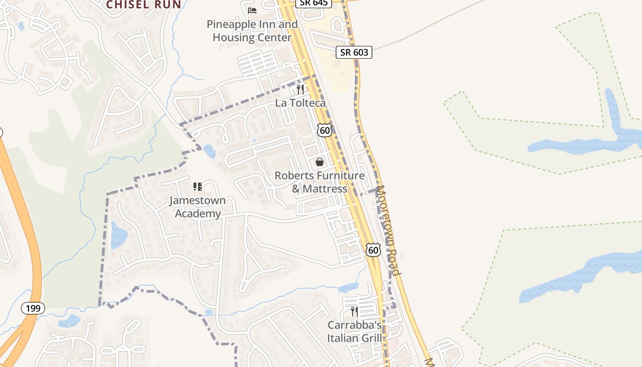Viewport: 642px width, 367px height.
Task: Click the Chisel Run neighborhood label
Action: click(x=144, y=5)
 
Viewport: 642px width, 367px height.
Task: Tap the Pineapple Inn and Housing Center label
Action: click(x=252, y=31)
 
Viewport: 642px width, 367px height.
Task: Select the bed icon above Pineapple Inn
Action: click(x=252, y=10)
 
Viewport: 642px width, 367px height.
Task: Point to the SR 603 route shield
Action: click(x=354, y=52)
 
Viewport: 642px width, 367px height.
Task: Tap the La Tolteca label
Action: click(x=300, y=103)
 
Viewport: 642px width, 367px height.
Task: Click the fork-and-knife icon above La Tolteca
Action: click(x=300, y=89)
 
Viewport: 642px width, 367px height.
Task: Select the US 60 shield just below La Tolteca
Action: click(x=324, y=130)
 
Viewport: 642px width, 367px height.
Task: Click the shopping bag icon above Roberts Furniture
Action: click(x=320, y=162)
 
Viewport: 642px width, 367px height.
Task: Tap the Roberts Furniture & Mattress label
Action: click(x=320, y=182)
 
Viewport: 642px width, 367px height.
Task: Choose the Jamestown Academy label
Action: click(x=198, y=207)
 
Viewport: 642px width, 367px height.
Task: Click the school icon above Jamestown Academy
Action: click(x=198, y=187)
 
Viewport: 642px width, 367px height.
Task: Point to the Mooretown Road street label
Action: click(x=388, y=229)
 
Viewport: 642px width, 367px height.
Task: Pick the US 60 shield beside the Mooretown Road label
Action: click(x=373, y=250)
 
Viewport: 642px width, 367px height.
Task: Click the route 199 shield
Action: click(x=33, y=308)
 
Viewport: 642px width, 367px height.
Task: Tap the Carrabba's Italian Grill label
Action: click(x=354, y=332)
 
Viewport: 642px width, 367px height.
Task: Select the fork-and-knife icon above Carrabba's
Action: click(x=354, y=311)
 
